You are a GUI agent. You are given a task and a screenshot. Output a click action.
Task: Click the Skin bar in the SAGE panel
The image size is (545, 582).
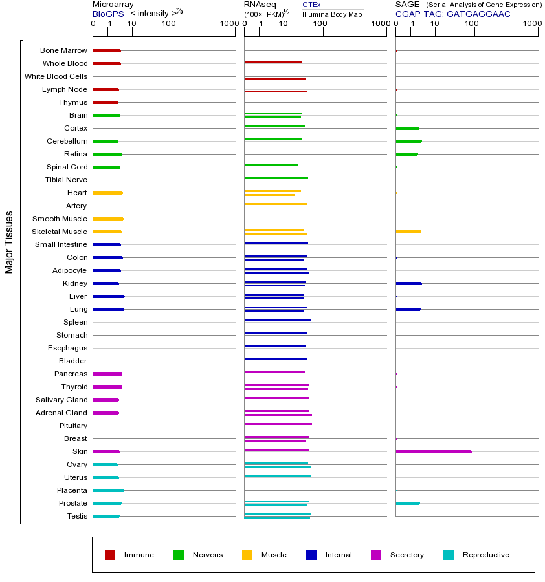coord(433,451)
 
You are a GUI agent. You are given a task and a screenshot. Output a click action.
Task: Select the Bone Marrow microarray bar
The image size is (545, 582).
coord(107,50)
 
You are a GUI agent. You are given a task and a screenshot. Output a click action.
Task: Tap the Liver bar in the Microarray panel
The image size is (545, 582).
coord(109,296)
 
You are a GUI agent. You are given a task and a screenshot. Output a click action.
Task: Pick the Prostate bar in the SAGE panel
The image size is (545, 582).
coord(407,503)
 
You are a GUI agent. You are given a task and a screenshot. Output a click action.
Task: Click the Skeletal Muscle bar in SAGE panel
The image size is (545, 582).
coord(408,232)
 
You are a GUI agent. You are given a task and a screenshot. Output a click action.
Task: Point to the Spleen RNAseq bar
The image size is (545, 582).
coord(277,320)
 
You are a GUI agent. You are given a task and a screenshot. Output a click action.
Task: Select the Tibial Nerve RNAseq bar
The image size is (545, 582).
coord(276,178)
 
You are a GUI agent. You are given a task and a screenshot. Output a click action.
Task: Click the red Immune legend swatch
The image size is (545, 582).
coord(110,555)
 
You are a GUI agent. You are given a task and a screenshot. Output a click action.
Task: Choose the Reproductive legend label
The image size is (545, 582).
coord(485,555)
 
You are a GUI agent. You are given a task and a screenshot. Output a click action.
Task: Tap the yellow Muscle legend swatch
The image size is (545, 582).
coord(247,555)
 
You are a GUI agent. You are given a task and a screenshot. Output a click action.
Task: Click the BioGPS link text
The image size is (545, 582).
coord(106,14)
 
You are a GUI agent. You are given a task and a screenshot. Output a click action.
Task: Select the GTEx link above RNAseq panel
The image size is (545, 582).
coord(311,5)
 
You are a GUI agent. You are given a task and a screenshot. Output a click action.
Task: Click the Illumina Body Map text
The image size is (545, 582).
coord(332,14)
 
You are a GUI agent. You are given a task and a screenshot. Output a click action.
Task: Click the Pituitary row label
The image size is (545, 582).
coord(73,426)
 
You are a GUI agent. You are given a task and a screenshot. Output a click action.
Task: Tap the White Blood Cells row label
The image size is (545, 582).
coord(56,76)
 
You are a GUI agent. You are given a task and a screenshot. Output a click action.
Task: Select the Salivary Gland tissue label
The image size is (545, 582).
coord(63,400)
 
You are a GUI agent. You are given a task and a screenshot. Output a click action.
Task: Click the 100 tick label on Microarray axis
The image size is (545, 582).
coord(169,24)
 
